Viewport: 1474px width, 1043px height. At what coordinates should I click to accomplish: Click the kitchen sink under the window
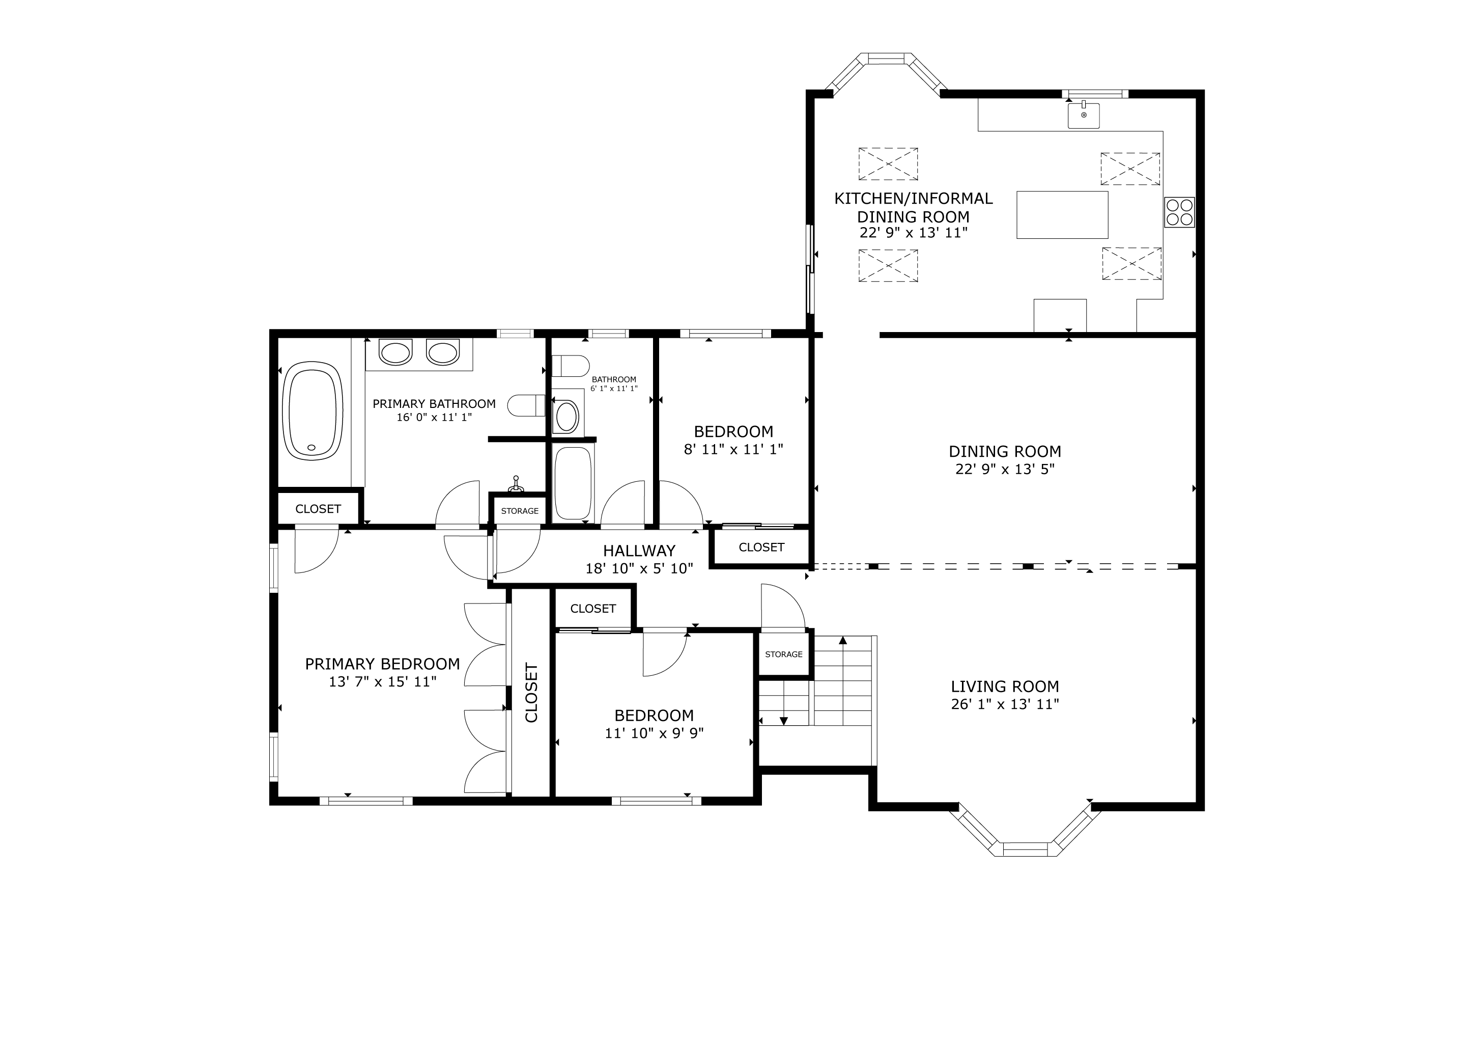pyautogui.click(x=1084, y=115)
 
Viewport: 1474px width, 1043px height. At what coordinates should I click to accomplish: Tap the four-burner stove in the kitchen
pyautogui.click(x=1179, y=212)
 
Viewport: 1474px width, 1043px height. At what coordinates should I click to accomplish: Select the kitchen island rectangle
pyautogui.click(x=1062, y=214)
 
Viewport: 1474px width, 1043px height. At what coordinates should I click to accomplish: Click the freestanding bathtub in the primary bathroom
pyautogui.click(x=313, y=410)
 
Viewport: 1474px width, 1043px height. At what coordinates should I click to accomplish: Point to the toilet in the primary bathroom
pyautogui.click(x=526, y=405)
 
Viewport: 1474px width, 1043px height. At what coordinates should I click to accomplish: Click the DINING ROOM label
pyautogui.click(x=1005, y=452)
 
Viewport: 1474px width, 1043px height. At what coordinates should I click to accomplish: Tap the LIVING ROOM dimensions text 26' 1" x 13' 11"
pyautogui.click(x=1005, y=704)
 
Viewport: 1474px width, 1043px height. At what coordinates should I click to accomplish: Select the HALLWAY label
pyautogui.click(x=639, y=551)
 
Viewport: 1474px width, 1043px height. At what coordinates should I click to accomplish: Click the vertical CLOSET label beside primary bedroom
pyautogui.click(x=531, y=693)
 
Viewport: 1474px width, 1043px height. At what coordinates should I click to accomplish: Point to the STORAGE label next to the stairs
pyautogui.click(x=784, y=654)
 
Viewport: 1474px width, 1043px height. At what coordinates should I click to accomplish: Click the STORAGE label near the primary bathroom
pyautogui.click(x=520, y=511)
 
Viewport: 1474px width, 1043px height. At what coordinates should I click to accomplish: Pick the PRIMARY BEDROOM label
pyautogui.click(x=383, y=664)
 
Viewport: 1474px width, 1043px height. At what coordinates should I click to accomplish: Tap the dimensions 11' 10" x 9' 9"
pyautogui.click(x=654, y=733)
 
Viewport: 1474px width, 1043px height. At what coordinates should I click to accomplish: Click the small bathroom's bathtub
pyautogui.click(x=573, y=482)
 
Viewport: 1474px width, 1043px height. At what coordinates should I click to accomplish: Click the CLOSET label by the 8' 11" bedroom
pyautogui.click(x=761, y=547)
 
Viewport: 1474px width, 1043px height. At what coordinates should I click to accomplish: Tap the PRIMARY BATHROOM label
pyautogui.click(x=434, y=404)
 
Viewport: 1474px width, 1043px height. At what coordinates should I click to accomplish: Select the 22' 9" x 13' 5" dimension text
pyautogui.click(x=1005, y=470)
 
